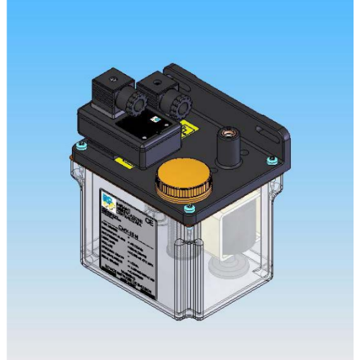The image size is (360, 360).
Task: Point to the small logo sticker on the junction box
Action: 154,121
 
